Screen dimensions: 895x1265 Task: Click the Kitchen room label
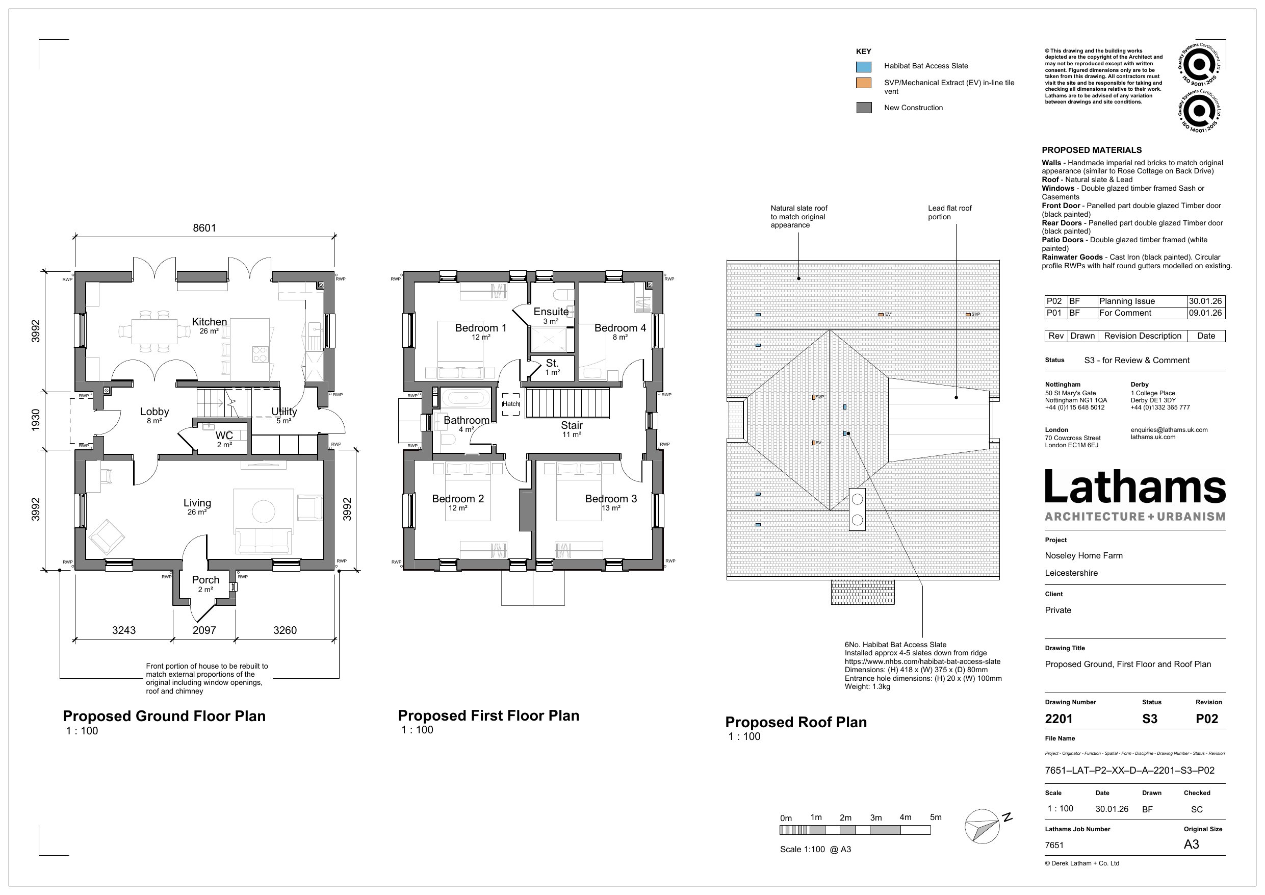pos(209,322)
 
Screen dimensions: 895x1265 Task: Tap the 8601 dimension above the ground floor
pos(204,227)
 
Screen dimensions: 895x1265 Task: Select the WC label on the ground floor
pos(224,436)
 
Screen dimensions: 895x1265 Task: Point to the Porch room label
pos(205,580)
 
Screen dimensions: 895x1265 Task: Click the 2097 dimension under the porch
pos(204,630)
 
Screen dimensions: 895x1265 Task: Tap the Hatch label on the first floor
pos(511,404)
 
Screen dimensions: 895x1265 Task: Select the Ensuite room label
pos(551,312)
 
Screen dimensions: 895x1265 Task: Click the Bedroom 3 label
pos(610,499)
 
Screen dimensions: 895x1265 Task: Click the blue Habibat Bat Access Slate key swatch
pos(863,67)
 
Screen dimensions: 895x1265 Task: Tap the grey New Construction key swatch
pos(863,108)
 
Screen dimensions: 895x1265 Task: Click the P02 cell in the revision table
pos(1054,301)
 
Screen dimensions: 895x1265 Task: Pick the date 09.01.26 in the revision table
pos(1205,313)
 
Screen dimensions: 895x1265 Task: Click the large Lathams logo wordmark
pos(1134,487)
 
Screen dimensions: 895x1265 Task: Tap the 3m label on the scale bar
pos(875,818)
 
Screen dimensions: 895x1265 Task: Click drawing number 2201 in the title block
pos(1059,719)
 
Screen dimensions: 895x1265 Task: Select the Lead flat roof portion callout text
pos(949,212)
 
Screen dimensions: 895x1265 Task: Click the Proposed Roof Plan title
pos(795,722)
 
